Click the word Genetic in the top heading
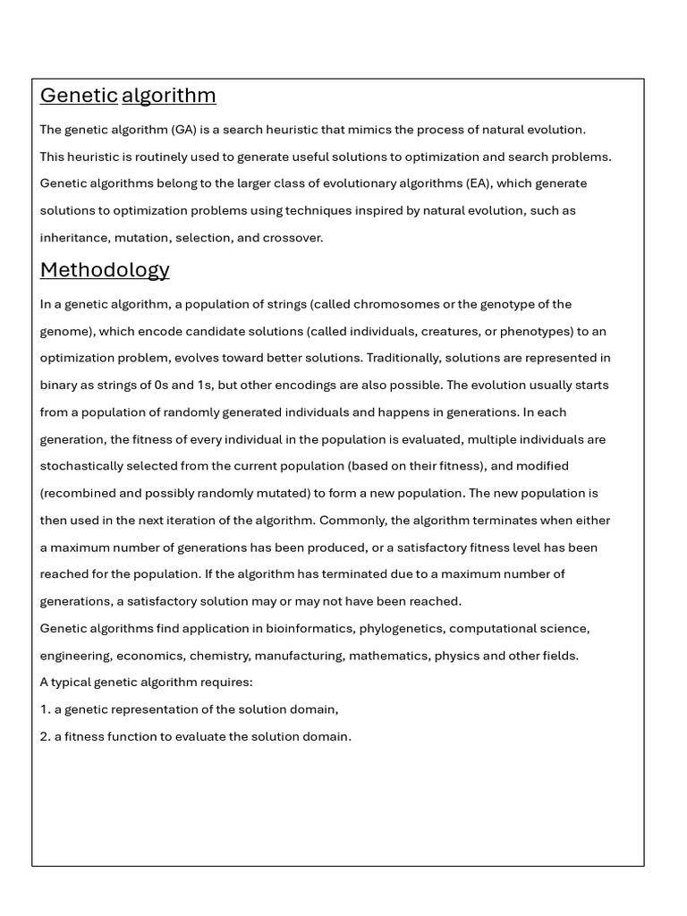point(79,96)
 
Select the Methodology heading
point(105,269)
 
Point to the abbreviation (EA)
point(478,183)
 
